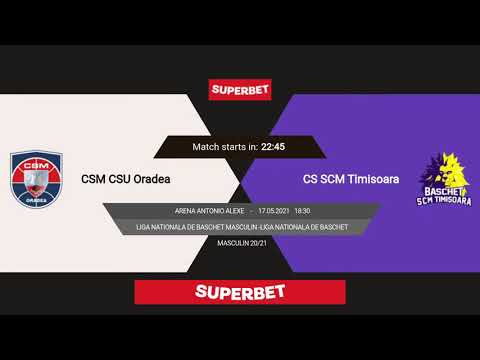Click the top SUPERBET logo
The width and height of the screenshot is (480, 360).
click(x=240, y=89)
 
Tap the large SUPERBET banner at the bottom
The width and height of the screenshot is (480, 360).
click(x=240, y=292)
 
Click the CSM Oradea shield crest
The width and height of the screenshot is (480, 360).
click(x=36, y=176)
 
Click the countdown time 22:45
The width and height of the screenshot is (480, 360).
click(x=274, y=146)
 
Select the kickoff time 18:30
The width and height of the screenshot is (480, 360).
click(x=303, y=212)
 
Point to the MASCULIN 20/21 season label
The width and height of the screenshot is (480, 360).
click(x=240, y=244)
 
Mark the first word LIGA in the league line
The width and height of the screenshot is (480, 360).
click(x=144, y=227)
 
